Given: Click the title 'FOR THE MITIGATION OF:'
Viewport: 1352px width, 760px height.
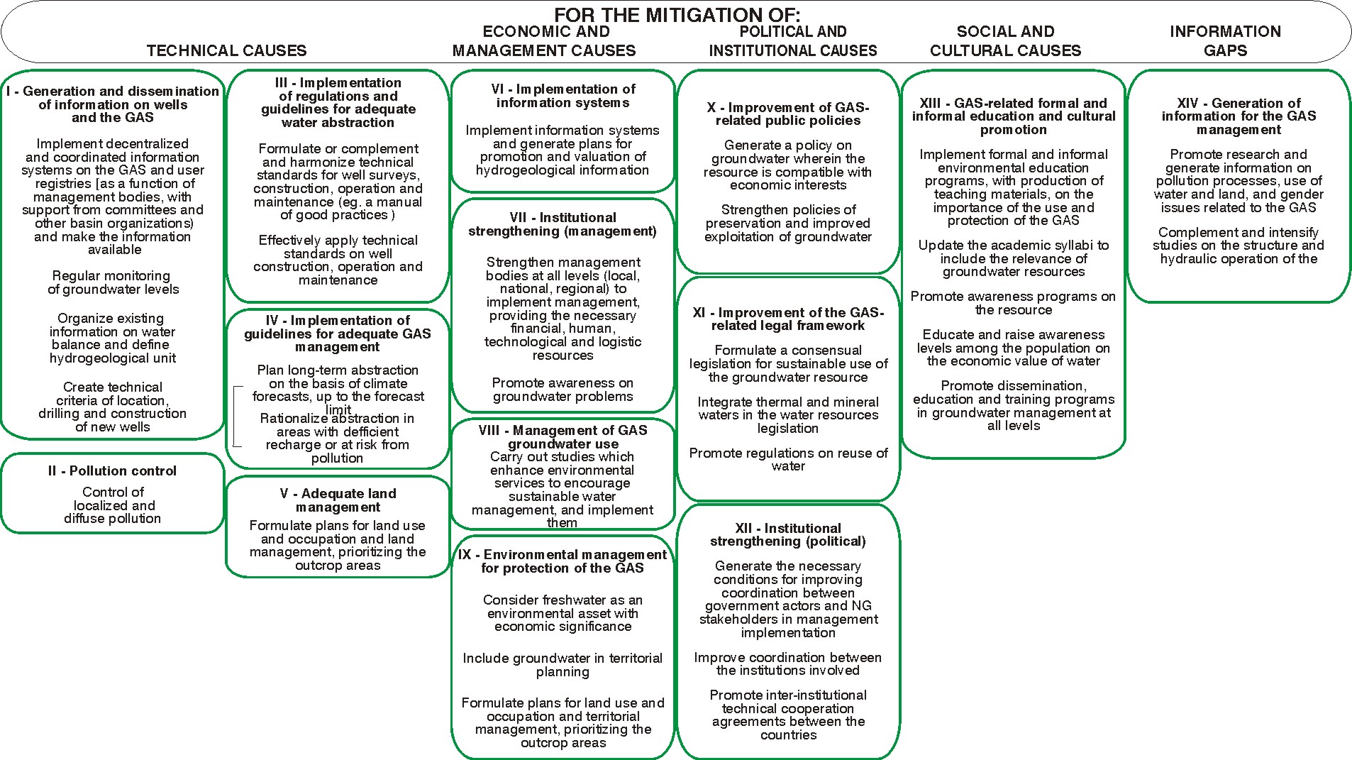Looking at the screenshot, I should (677, 14).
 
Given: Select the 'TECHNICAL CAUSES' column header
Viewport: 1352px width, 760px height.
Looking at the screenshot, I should (226, 50).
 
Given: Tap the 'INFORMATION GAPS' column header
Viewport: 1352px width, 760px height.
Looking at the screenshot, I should (1225, 41).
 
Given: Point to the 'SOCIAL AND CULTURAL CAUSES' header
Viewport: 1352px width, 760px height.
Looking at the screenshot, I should (1005, 41).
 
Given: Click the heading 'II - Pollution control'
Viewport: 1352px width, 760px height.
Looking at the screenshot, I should (113, 470).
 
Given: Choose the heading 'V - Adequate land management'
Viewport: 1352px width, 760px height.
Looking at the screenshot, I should (338, 500).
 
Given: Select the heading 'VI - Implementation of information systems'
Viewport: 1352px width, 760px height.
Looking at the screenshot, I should (563, 96).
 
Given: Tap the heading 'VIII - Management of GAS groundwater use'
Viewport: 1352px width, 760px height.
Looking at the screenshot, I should (563, 436).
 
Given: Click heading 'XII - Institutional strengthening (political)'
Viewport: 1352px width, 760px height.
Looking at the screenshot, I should (788, 534).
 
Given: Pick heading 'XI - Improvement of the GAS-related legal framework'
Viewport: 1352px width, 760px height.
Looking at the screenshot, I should (788, 319).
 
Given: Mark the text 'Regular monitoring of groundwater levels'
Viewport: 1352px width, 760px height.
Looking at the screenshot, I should (113, 282).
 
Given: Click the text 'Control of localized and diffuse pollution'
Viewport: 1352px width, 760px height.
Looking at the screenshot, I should (113, 505).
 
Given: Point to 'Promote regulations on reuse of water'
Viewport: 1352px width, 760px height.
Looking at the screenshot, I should (788, 459).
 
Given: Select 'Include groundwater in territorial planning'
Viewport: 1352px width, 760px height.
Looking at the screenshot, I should (563, 665).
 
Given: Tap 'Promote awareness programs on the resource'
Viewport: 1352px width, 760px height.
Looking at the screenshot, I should (1013, 303).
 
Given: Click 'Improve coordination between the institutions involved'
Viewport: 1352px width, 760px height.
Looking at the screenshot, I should (788, 663).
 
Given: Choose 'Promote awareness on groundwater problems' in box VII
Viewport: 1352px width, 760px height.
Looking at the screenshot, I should (563, 390).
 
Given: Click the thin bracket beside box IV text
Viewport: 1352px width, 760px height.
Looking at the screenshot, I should (234, 417).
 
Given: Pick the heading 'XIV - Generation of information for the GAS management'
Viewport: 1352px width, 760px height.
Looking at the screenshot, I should (1239, 116).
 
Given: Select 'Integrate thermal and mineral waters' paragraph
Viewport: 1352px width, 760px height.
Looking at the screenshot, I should (788, 415).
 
